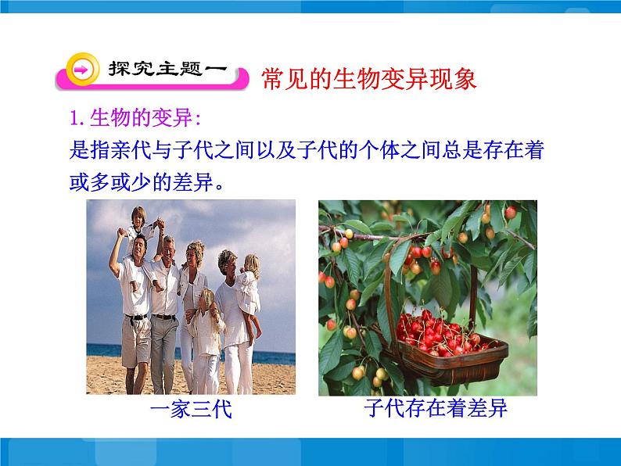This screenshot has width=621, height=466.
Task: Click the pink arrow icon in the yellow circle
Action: tap(81, 70)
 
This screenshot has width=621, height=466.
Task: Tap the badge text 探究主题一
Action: tap(167, 70)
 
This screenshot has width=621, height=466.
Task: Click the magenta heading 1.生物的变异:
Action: tap(135, 118)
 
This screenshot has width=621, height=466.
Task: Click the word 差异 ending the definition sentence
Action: tap(188, 185)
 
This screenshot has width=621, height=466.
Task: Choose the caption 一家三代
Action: tap(191, 410)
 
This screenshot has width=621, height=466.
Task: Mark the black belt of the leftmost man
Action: tap(136, 317)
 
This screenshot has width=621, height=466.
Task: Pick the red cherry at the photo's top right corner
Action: tap(510, 213)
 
